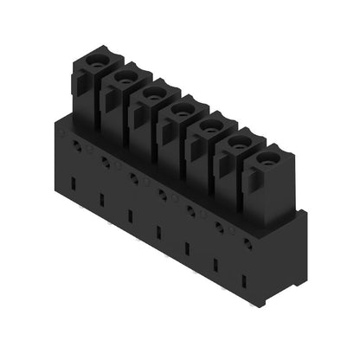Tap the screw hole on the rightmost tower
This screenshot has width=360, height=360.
pos(267,157)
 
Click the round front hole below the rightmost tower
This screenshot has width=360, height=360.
pos(247,245)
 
